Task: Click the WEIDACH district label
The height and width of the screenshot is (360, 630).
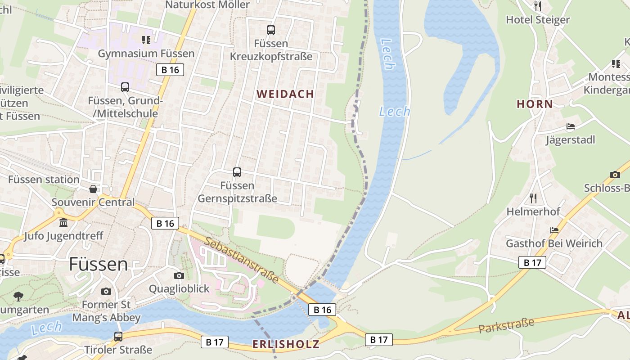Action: tap(285, 94)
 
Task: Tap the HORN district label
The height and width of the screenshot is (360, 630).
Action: tap(535, 104)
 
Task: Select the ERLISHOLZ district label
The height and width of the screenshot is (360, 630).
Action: tap(286, 344)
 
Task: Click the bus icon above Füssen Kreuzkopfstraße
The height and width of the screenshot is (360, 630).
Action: tap(270, 30)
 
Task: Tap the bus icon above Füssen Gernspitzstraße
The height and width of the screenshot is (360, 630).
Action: tap(237, 172)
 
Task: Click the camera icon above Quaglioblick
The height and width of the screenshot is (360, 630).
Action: tap(179, 275)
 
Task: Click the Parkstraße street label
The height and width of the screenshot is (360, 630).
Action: tap(506, 325)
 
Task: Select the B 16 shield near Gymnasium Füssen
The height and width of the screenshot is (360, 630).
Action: tap(170, 70)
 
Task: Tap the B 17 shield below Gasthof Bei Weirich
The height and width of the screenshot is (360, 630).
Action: tap(532, 262)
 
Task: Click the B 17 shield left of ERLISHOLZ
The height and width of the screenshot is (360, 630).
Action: tap(215, 342)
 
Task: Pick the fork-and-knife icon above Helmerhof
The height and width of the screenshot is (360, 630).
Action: tap(533, 198)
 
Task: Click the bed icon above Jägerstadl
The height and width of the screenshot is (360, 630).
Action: tap(571, 126)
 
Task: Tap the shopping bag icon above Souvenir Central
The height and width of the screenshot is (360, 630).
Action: tap(93, 189)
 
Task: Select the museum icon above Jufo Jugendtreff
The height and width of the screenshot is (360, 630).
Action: tap(63, 222)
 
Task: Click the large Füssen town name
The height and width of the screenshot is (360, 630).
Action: tap(98, 264)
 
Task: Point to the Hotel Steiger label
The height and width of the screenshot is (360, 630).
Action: tap(538, 20)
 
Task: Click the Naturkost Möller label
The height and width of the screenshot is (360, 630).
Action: tap(207, 5)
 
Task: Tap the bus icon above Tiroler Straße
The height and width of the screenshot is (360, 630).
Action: tap(118, 336)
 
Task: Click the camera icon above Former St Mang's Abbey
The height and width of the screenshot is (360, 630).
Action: tap(106, 291)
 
